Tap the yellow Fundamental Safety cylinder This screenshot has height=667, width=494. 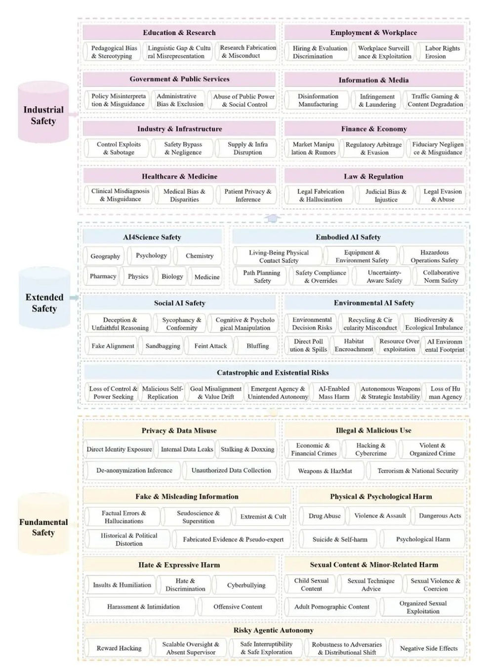coord(43,527)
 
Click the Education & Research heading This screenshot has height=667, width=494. coord(179,33)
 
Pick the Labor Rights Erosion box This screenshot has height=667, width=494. coord(442,52)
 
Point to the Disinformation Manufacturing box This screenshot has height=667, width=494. coord(318,100)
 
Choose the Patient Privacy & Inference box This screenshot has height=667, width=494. coord(247,196)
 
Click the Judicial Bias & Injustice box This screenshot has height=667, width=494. coord(386,196)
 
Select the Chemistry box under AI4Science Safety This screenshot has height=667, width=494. coord(200,256)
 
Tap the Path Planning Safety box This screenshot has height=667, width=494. coord(262,276)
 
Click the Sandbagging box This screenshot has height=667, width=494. coord(163,346)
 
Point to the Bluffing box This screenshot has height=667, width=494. coord(257,346)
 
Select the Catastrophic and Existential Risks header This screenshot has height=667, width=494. coord(273,373)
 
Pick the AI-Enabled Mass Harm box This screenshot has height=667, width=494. coord(334,392)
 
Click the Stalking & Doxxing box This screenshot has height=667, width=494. coord(247,449)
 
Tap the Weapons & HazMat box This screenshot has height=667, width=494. coord(325,471)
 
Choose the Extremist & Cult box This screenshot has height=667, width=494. coord(263,516)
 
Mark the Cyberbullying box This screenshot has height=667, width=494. coord(246,585)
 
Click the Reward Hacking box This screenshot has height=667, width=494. coord(119,648)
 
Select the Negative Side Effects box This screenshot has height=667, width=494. coord(428,648)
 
